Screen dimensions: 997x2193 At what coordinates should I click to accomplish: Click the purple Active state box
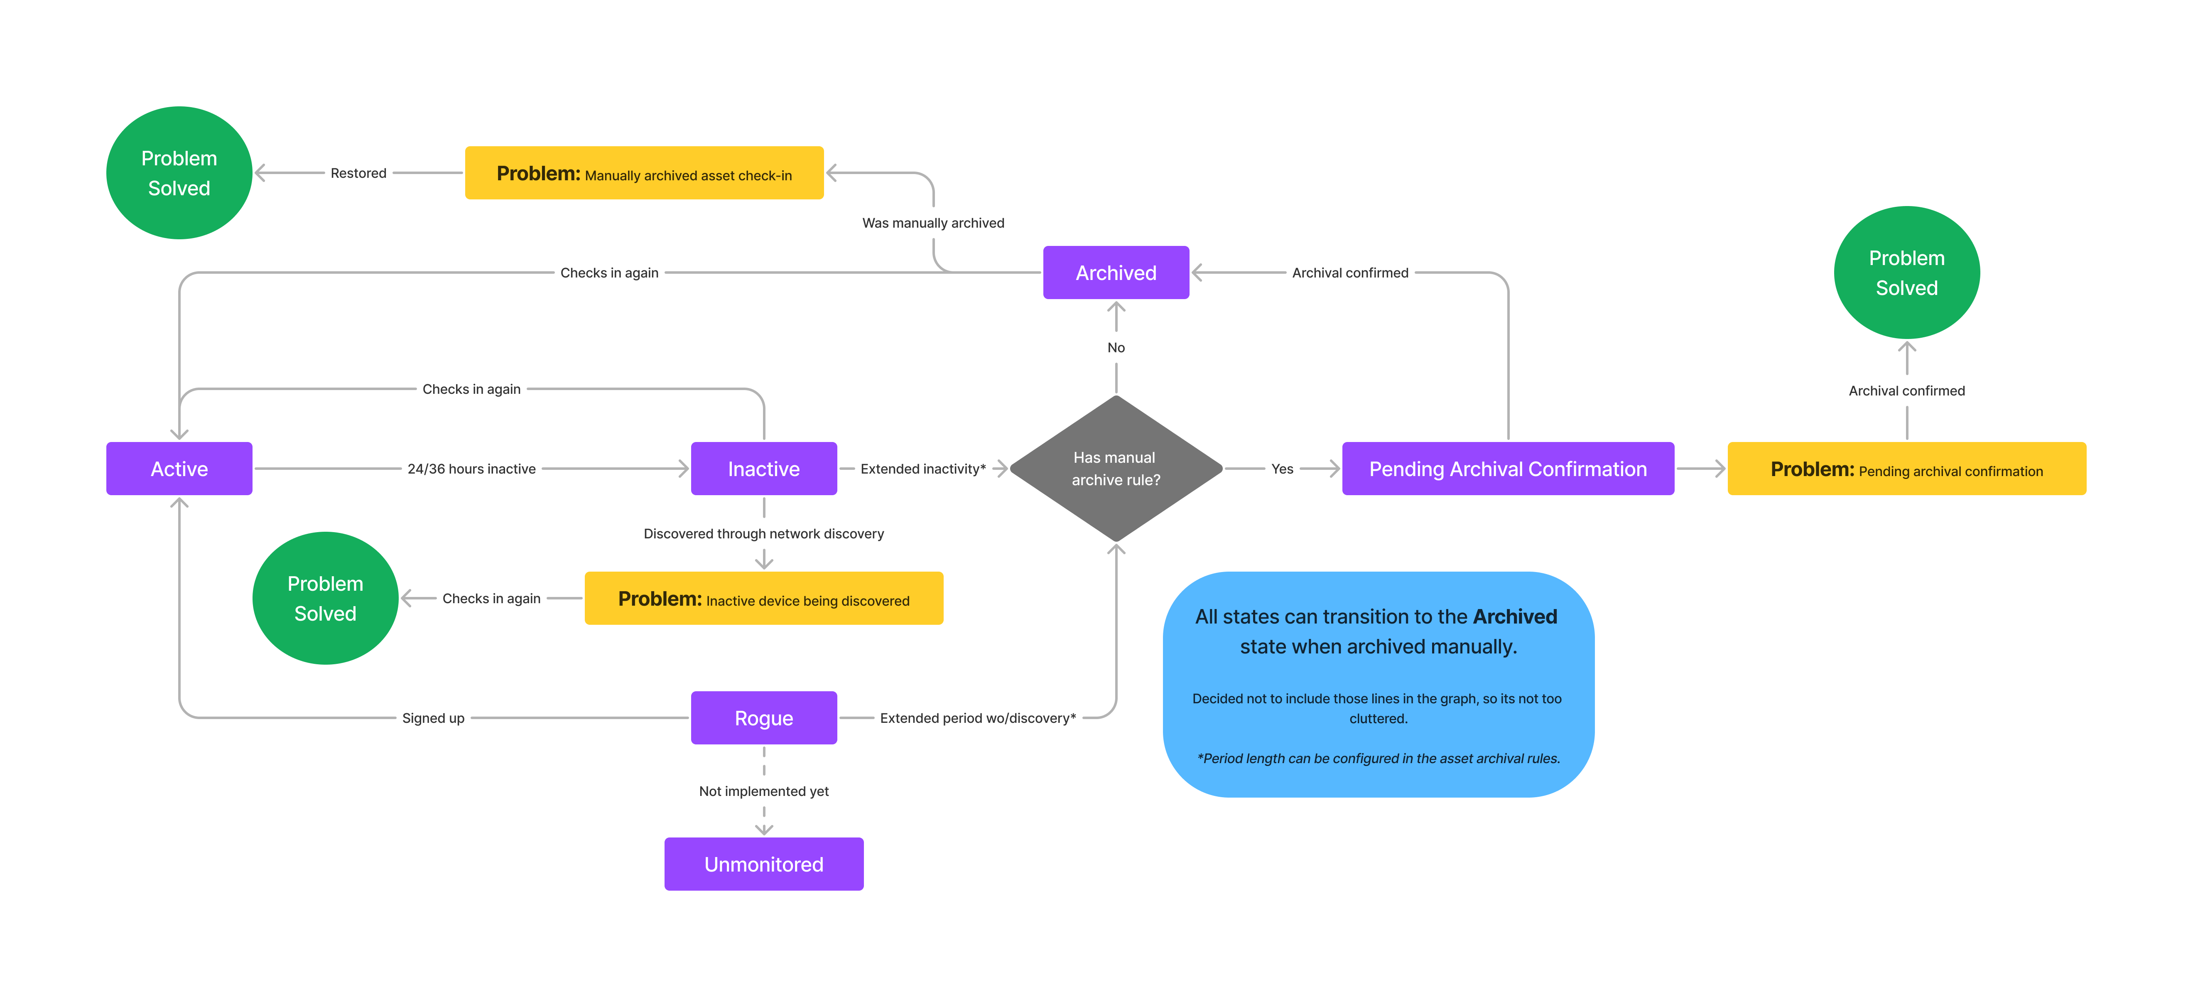tap(179, 468)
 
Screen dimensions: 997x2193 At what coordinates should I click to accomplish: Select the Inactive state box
tap(764, 468)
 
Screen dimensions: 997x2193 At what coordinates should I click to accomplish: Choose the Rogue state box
tap(764, 718)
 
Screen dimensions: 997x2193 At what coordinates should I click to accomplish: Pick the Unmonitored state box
tap(764, 864)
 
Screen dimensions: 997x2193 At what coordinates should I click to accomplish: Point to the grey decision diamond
tap(1115, 468)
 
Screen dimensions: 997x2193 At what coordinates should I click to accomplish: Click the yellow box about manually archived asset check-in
tap(644, 173)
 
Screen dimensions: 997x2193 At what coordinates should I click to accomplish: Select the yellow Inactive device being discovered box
tap(764, 599)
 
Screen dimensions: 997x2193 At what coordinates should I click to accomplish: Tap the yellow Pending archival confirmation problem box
tap(1906, 468)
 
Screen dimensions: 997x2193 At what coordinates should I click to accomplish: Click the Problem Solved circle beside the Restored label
tap(179, 173)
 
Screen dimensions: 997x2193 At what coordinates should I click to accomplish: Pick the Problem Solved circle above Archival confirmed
tap(1906, 273)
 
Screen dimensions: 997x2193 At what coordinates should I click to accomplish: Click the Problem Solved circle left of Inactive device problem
tap(325, 599)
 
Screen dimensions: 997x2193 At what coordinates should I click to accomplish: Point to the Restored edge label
tap(358, 173)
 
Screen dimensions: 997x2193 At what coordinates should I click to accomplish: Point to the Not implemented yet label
tap(764, 791)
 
